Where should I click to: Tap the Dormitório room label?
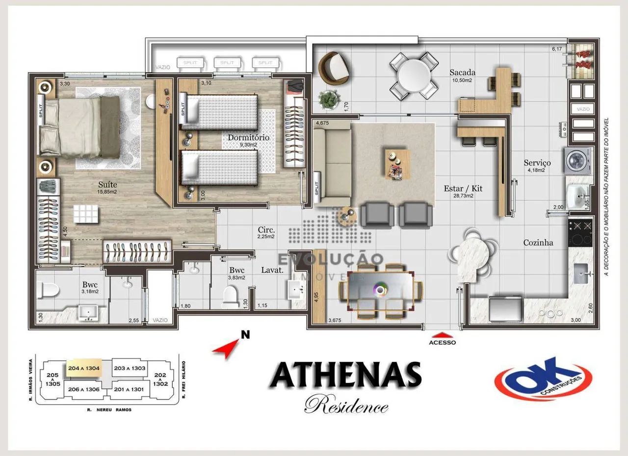(248, 137)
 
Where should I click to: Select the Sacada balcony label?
(462, 73)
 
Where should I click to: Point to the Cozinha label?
(538, 242)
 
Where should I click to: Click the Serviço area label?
(537, 163)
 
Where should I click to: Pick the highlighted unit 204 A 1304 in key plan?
(83, 368)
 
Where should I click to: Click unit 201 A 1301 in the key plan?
(129, 389)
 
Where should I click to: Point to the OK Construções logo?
(543, 379)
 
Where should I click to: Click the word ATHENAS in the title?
(345, 376)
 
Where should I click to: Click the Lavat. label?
(270, 270)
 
